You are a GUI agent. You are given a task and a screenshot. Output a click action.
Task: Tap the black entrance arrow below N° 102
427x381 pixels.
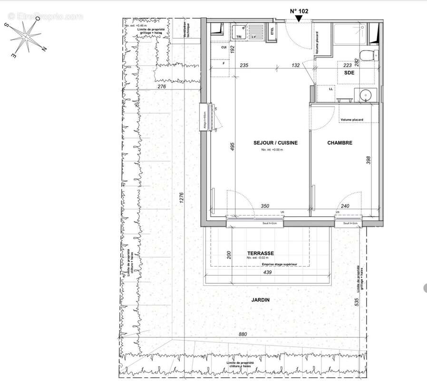pos(299,19)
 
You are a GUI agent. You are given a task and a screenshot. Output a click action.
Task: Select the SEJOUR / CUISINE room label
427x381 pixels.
pos(269,142)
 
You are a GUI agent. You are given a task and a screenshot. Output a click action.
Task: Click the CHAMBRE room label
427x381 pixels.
pos(340,142)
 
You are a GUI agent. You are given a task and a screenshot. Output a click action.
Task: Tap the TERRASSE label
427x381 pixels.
pos(260,253)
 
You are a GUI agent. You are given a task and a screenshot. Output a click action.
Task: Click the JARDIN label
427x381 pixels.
pos(261,300)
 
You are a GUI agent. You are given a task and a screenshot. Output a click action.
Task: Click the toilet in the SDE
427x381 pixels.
pos(367,55)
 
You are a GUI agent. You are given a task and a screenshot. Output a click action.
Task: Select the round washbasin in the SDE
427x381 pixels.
pos(366,95)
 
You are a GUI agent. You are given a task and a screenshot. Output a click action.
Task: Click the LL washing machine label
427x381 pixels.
pos(331,89)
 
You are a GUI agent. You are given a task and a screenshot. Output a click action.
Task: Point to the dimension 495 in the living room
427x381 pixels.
pos(233,147)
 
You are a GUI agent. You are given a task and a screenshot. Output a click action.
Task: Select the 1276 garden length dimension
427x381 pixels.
pos(182,199)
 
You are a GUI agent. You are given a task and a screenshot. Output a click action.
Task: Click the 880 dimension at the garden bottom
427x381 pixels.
pos(243,334)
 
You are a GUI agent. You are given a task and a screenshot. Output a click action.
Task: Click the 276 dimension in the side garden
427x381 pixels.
pos(161,86)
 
